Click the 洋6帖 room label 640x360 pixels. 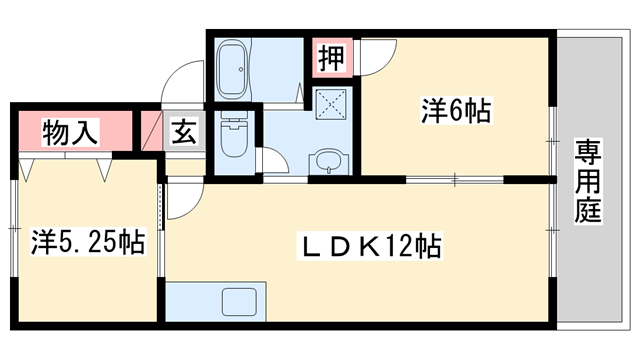(x=455, y=112)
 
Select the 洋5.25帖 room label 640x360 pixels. (x=87, y=241)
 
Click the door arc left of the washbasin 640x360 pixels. (x=273, y=160)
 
